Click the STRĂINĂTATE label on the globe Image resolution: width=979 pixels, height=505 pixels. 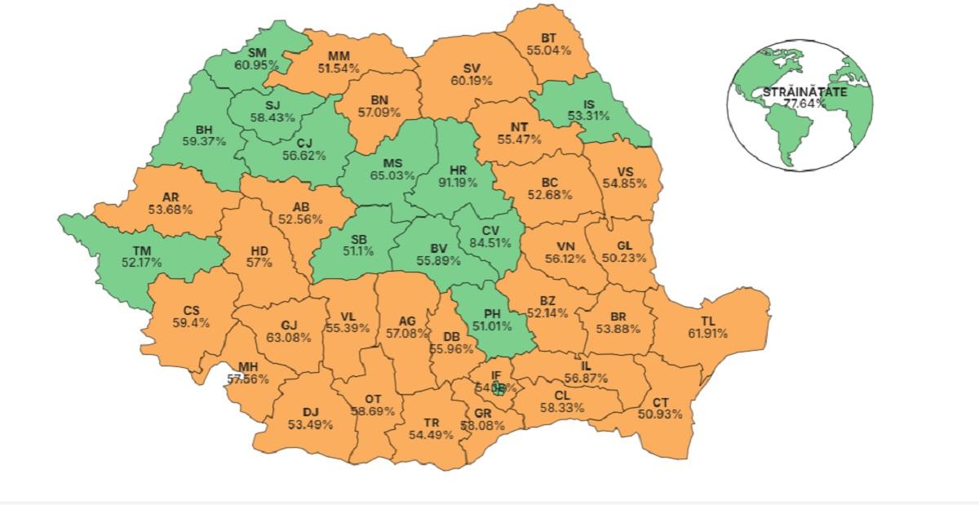(804, 92)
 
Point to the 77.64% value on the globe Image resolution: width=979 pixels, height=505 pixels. (804, 104)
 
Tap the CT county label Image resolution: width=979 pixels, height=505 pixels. (662, 402)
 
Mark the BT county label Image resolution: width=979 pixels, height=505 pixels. (550, 38)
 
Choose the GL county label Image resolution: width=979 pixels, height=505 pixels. (624, 246)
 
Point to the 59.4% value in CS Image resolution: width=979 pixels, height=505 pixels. (191, 322)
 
